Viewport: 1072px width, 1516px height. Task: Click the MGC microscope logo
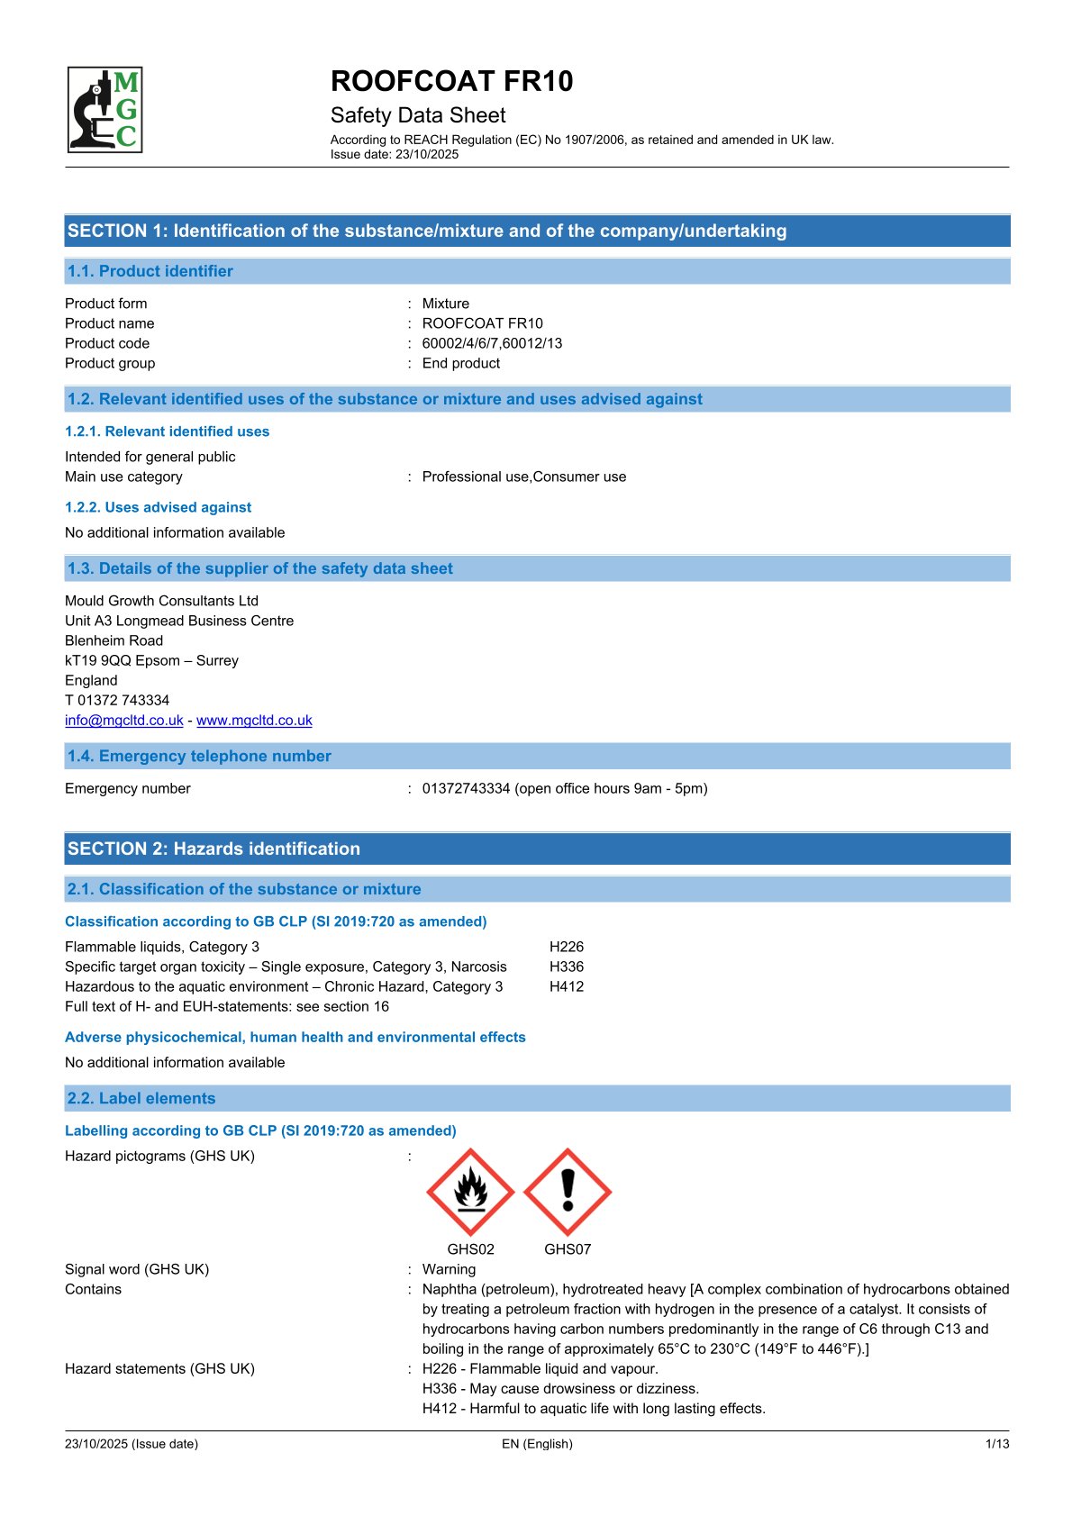[105, 110]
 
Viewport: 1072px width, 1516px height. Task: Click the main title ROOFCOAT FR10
[451, 81]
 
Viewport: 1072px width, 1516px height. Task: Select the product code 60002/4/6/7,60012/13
[492, 343]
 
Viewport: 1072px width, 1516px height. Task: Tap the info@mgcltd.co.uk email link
[124, 720]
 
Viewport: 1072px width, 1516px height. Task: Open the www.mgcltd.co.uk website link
[254, 720]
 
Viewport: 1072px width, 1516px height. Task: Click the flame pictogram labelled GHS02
[470, 1192]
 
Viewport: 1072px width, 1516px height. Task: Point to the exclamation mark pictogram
[568, 1192]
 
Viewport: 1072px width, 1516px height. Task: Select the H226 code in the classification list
[566, 947]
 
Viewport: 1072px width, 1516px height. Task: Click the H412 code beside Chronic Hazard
[566, 986]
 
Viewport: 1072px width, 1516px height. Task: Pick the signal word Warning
[449, 1269]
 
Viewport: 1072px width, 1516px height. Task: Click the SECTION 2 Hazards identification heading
[213, 849]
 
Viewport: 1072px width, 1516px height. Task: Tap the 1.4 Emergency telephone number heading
[199, 756]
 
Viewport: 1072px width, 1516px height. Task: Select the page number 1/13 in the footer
[997, 1444]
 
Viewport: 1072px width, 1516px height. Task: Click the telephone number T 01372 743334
[117, 700]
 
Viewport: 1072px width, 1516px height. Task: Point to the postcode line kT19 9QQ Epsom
[151, 660]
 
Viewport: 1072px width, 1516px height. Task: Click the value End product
[460, 363]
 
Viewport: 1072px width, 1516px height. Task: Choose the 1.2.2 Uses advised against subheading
[159, 507]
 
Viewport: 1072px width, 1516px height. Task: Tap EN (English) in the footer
[537, 1444]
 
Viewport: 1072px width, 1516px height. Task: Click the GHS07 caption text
[568, 1249]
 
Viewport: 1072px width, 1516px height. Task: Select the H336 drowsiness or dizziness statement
[560, 1388]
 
